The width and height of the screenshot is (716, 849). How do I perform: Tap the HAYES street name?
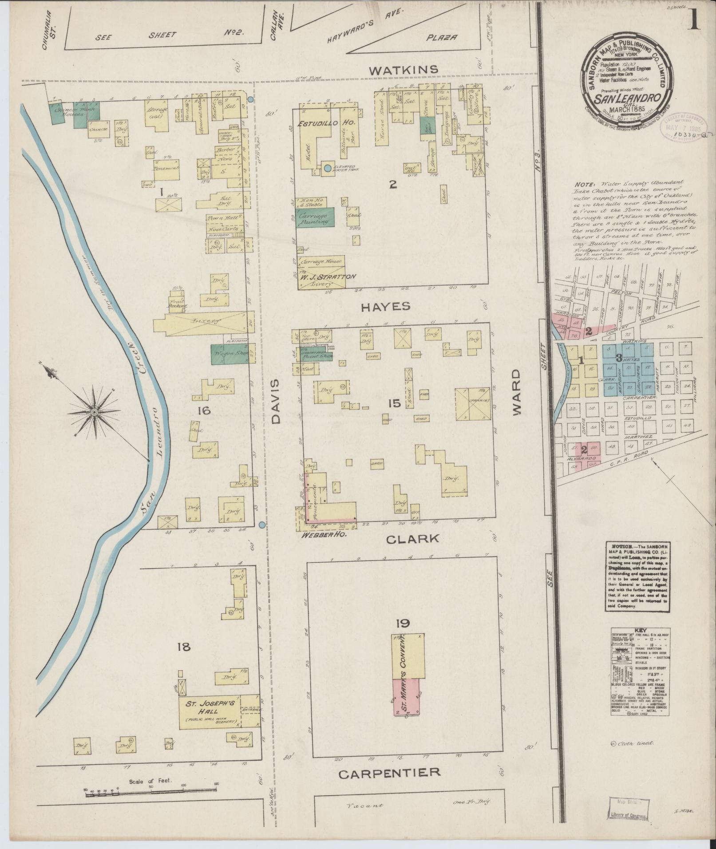385,306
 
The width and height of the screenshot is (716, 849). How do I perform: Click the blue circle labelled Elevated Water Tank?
327,168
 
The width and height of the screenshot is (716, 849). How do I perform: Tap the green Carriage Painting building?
315,217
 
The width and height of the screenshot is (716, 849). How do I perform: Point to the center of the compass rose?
94,413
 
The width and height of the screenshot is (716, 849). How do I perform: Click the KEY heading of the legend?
639,630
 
